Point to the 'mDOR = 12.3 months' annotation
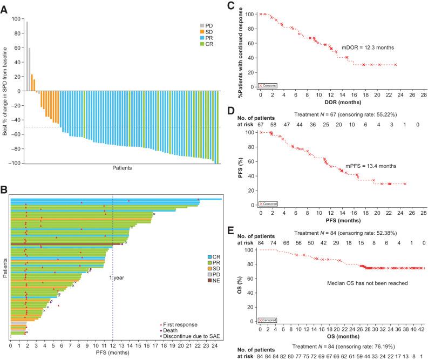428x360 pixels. [x=368, y=47]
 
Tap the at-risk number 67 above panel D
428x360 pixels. [x=261, y=125]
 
